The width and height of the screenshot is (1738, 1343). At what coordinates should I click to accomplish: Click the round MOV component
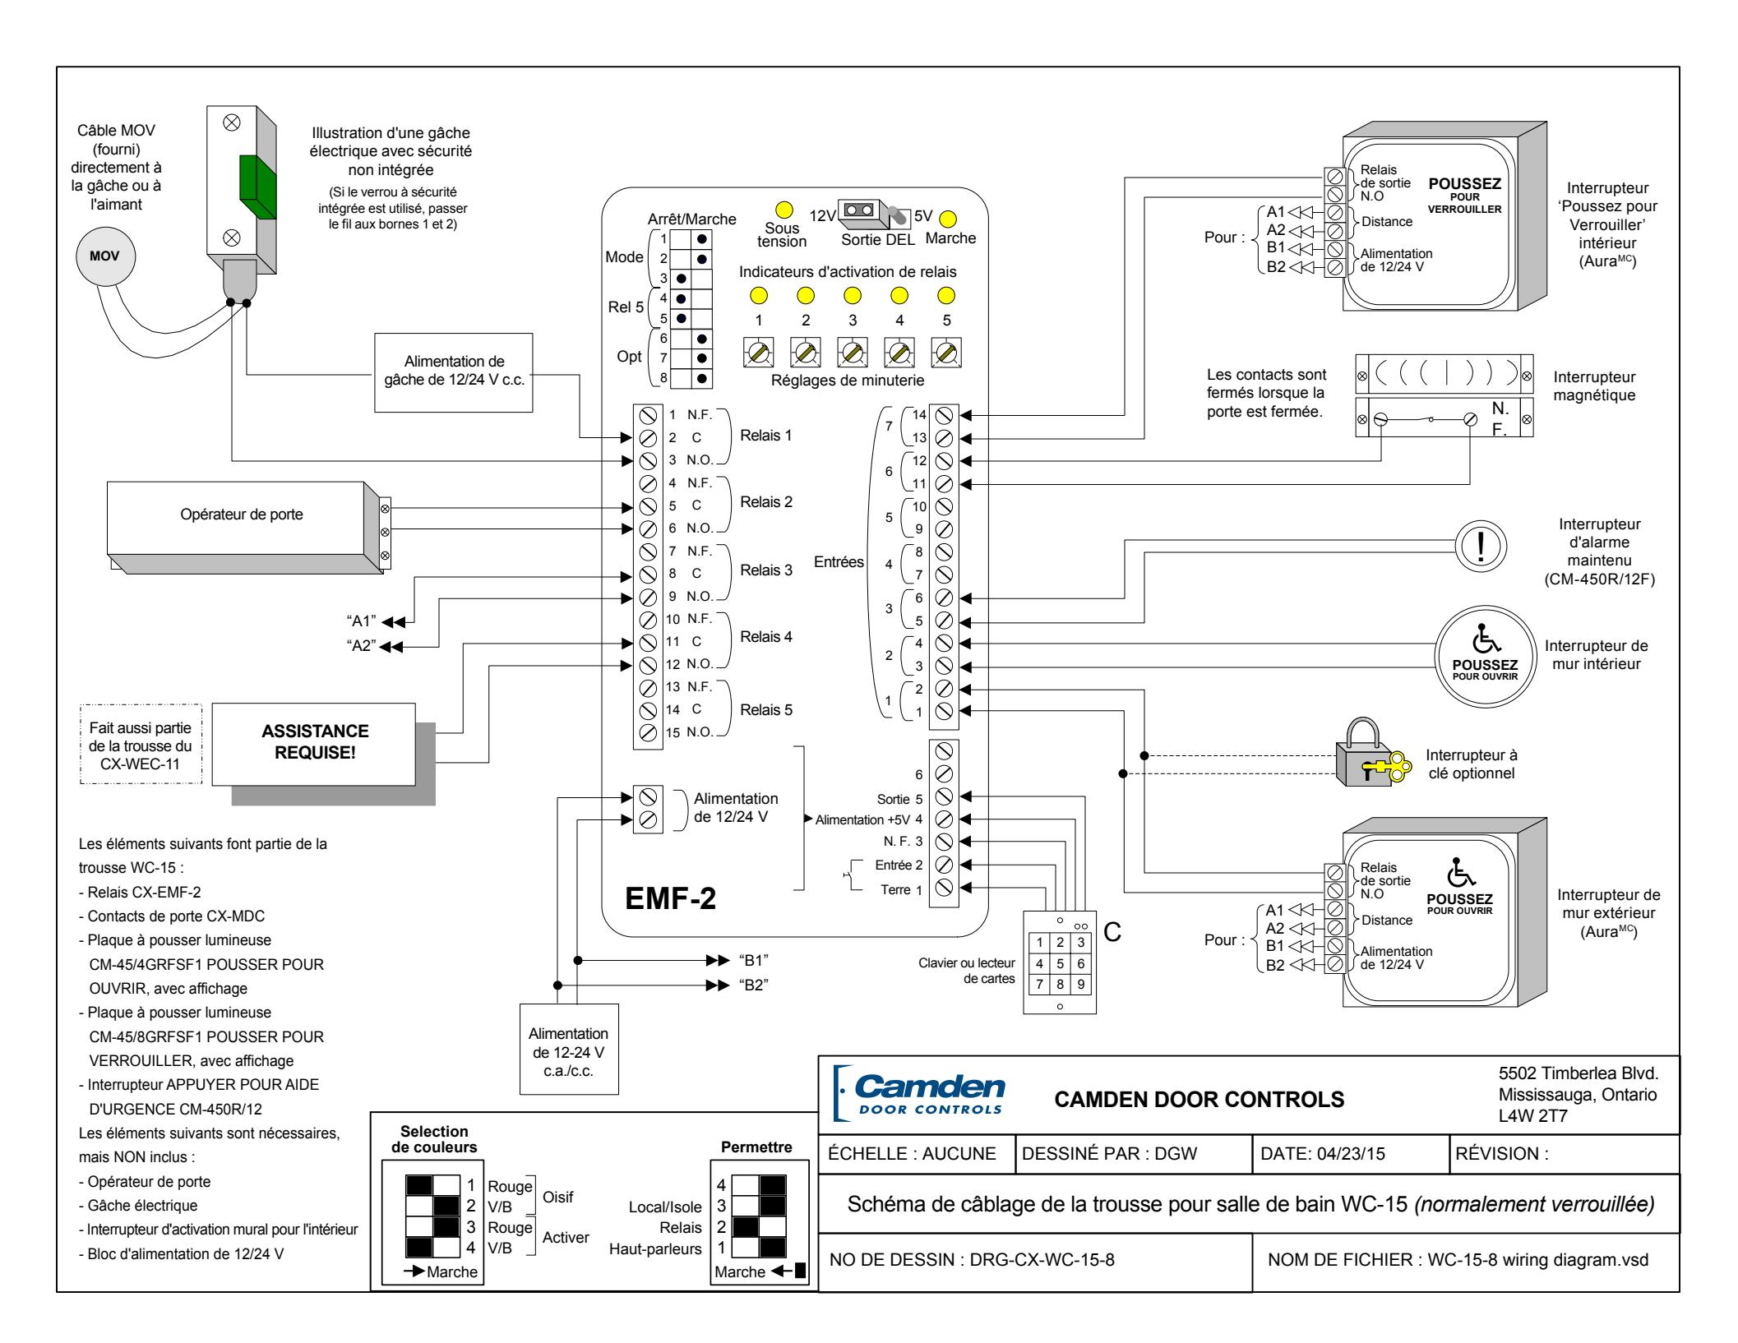pos(105,256)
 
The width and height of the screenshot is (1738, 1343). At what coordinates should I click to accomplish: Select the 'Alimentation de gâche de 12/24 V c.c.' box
pos(454,372)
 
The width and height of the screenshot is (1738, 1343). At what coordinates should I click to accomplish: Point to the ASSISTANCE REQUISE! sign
pos(314,742)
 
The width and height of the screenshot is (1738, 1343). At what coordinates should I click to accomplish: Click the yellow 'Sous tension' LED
pos(783,210)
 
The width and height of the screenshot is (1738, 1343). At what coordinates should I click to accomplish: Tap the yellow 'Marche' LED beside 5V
pos(948,220)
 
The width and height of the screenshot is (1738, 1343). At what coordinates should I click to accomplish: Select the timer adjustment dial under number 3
pos(853,353)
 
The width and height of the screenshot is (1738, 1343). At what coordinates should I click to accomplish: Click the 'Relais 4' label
pos(766,636)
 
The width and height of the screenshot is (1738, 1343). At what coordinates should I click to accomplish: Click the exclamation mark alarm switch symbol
pos(1479,547)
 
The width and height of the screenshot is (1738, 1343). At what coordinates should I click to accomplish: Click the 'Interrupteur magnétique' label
pos(1595,386)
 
